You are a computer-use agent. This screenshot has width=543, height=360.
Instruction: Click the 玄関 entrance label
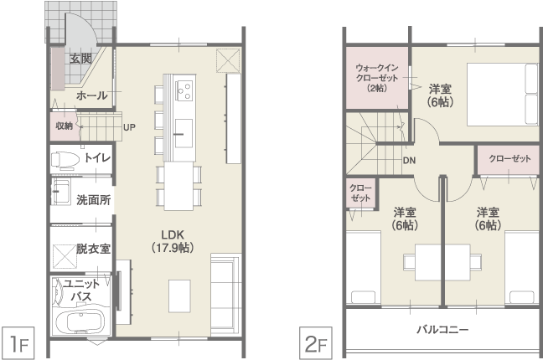pyautogui.click(x=81, y=59)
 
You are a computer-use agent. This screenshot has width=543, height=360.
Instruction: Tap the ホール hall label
pyautogui.click(x=92, y=95)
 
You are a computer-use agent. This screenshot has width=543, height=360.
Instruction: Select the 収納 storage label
pyautogui.click(x=64, y=126)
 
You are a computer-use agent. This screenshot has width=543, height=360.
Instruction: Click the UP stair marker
pyautogui.click(x=129, y=127)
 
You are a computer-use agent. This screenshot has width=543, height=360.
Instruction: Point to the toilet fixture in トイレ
pyautogui.click(x=65, y=160)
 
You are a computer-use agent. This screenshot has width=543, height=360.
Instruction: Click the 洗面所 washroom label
pyautogui.click(x=94, y=200)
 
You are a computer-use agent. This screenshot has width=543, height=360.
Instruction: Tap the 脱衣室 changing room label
pyautogui.click(x=93, y=249)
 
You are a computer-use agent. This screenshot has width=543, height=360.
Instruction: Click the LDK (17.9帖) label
pyautogui.click(x=173, y=241)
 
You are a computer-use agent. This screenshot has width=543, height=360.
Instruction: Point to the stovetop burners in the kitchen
pyautogui.click(x=184, y=90)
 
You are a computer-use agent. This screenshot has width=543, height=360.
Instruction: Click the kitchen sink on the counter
pyautogui.click(x=184, y=133)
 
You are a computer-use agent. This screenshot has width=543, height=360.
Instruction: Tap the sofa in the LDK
pyautogui.click(x=225, y=294)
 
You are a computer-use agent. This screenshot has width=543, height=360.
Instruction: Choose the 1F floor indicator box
pyautogui.click(x=18, y=343)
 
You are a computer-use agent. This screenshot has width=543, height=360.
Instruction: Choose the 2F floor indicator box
pyautogui.click(x=316, y=343)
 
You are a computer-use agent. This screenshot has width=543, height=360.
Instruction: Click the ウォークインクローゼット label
pyautogui.click(x=377, y=78)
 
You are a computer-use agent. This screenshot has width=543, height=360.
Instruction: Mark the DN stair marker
pyautogui.click(x=409, y=160)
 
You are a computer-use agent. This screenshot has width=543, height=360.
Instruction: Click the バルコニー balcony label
pyautogui.click(x=442, y=329)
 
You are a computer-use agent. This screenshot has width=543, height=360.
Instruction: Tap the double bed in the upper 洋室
pyautogui.click(x=503, y=94)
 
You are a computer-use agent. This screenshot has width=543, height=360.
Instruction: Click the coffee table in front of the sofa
pyautogui.click(x=179, y=296)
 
